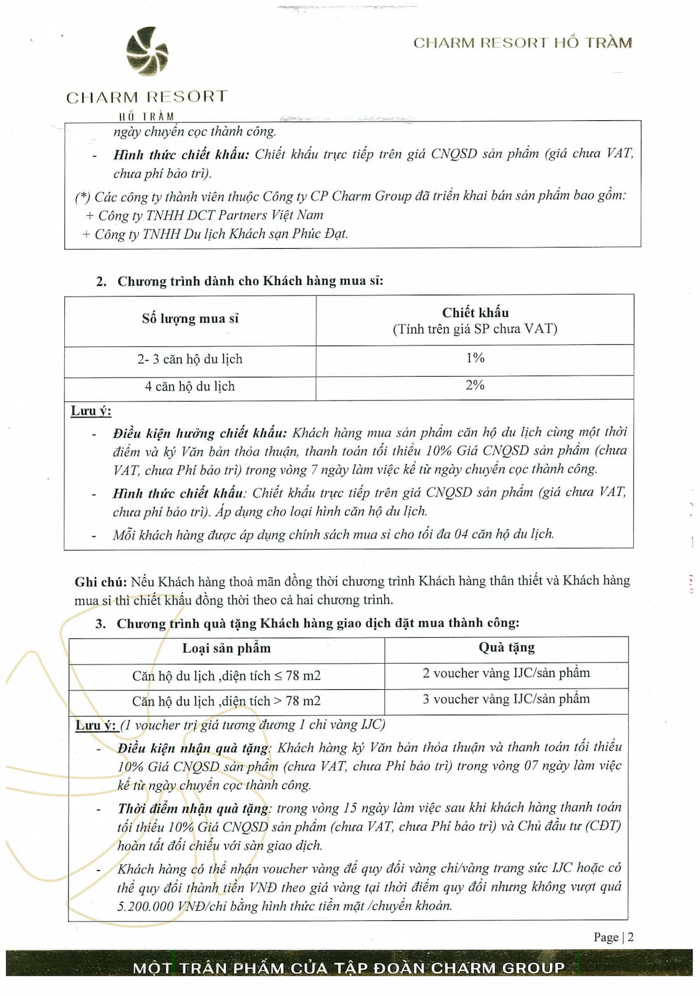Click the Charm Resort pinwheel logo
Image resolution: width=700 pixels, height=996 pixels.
(148, 51)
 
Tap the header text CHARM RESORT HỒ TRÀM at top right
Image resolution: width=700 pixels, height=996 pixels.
(522, 43)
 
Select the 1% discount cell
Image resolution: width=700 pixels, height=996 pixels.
(475, 358)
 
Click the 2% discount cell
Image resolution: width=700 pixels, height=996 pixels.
(475, 386)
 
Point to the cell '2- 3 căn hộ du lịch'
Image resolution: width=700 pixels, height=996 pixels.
(190, 359)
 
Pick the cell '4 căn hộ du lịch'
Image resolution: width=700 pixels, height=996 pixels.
(190, 386)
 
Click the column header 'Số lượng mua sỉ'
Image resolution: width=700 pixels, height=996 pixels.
(190, 319)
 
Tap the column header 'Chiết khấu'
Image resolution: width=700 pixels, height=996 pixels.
(475, 312)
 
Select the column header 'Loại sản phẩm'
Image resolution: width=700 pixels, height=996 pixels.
(227, 649)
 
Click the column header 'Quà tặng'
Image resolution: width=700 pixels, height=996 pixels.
(507, 648)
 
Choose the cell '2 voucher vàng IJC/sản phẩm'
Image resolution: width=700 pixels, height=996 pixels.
(506, 673)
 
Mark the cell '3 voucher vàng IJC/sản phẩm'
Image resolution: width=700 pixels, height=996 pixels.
(506, 699)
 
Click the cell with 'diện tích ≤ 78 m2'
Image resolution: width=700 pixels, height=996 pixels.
(226, 676)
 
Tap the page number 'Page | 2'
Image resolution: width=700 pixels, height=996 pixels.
(613, 937)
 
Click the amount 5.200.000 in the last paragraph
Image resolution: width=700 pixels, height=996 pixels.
(145, 906)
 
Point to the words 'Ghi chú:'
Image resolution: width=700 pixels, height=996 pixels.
(101, 582)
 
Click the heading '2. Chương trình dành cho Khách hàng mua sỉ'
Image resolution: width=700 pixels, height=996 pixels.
(240, 281)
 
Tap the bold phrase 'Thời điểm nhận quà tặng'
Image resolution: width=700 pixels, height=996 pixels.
(194, 809)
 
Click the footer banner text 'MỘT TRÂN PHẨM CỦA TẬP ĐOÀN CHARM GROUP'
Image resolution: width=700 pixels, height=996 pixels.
(349, 968)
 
